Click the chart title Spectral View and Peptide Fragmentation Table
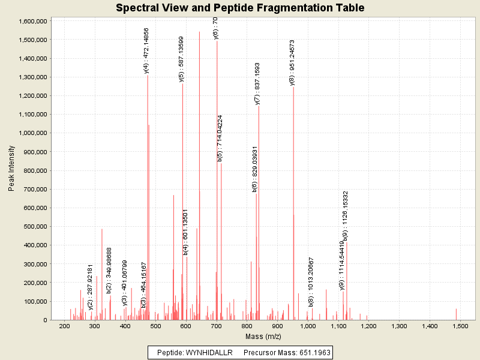(240, 8)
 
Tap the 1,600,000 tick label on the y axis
(33, 21)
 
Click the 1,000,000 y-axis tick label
(33, 133)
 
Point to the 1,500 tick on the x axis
(460, 326)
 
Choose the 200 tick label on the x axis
(64, 326)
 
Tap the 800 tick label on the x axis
(247, 326)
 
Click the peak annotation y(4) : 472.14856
(146, 50)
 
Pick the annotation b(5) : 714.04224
(220, 138)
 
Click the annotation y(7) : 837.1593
(257, 83)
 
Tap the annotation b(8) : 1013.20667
(311, 281)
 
